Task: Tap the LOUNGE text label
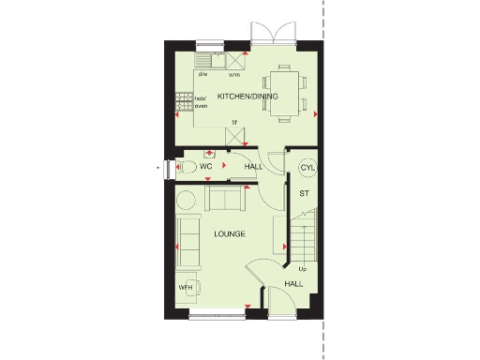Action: (x=229, y=233)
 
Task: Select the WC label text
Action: (x=205, y=166)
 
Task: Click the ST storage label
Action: (x=304, y=193)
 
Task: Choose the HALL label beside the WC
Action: (x=253, y=167)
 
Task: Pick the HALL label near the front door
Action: (x=293, y=282)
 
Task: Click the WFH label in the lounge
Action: (x=185, y=287)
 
